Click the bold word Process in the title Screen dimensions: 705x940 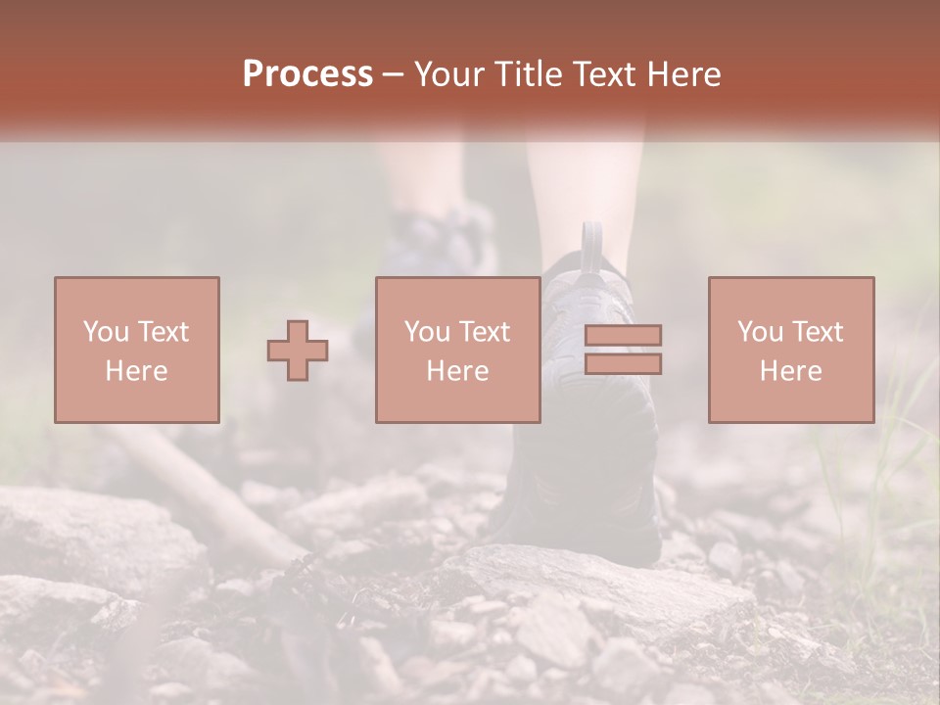307,74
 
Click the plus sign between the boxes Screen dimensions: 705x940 298,351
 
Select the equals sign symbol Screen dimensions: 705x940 623,351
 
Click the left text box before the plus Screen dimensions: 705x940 137,294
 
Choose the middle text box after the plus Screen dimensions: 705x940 458,294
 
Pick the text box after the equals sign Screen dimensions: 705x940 791,294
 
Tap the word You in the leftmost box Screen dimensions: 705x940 105,332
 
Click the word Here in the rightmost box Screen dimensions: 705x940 791,371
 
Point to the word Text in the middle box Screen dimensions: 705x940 484,332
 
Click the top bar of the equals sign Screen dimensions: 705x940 623,336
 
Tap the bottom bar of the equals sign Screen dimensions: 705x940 623,364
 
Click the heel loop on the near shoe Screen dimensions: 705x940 591,245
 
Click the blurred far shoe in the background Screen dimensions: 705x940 441,245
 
